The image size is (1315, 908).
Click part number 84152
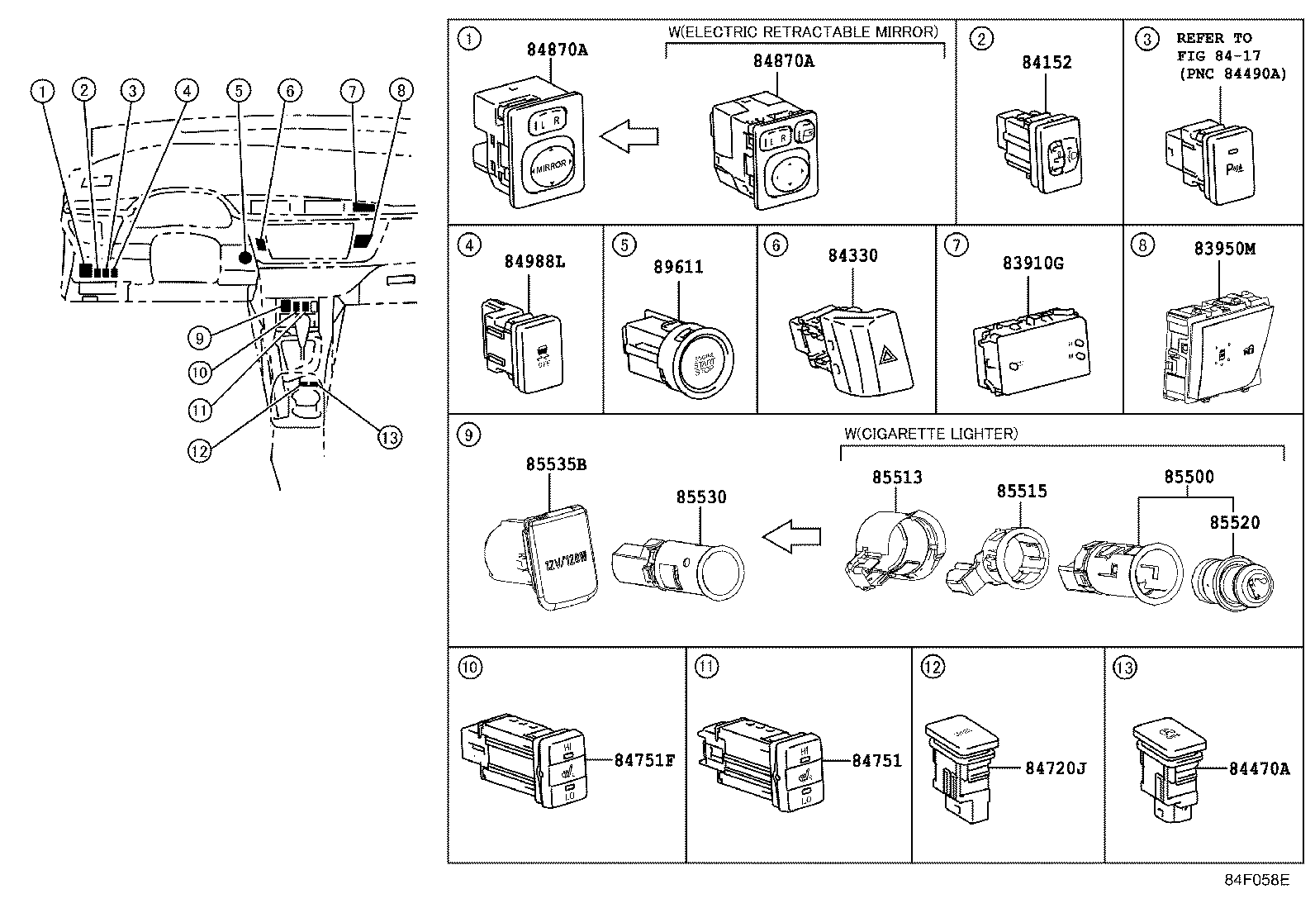tap(1047, 62)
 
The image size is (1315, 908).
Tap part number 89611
tap(678, 267)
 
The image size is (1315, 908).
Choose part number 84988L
tap(535, 262)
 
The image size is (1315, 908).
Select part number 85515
tap(1021, 491)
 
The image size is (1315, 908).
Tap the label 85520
tap(1235, 522)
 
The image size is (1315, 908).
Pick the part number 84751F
tap(644, 760)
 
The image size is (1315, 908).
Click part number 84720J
tap(1055, 768)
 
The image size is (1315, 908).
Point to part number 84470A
tap(1259, 768)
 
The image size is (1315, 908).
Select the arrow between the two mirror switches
tap(629, 135)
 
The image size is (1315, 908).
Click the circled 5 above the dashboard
tap(238, 91)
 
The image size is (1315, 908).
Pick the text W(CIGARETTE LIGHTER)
tap(931, 434)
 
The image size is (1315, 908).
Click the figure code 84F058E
tap(1256, 880)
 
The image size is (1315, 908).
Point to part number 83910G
tap(1033, 263)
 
